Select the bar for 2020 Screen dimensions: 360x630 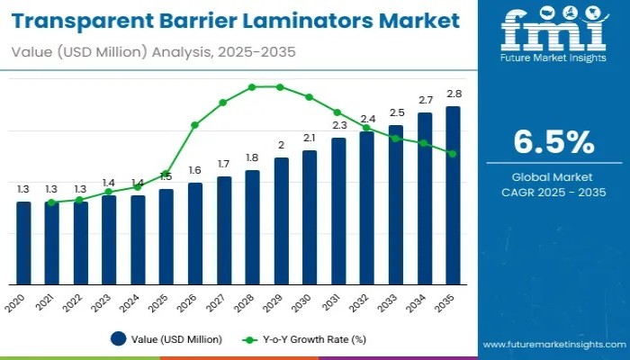(23, 243)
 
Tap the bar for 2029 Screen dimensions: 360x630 (281, 221)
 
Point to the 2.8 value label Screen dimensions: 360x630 (454, 94)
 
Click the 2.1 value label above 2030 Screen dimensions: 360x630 (310, 138)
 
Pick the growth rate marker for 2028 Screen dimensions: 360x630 (252, 87)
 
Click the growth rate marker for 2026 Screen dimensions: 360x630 (195, 125)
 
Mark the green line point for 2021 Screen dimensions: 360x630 (52, 202)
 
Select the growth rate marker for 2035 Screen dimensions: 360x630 (453, 154)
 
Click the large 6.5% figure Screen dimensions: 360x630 (553, 142)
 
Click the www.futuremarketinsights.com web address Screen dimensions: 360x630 (553, 345)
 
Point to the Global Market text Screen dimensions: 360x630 (553, 175)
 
